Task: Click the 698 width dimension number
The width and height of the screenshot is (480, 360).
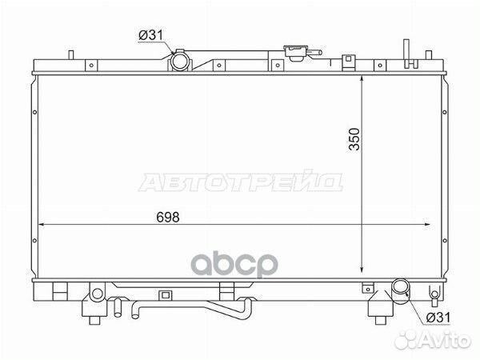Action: click(167, 217)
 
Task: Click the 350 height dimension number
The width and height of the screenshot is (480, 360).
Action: click(354, 139)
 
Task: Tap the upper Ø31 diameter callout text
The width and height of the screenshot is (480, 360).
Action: click(150, 35)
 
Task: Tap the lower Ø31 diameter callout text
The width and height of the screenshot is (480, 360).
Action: click(438, 318)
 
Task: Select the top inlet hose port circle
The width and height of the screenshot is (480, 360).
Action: click(180, 62)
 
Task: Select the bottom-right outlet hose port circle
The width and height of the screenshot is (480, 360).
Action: click(401, 288)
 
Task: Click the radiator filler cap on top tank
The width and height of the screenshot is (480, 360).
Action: click(296, 53)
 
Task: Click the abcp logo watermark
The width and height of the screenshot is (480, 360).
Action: click(234, 265)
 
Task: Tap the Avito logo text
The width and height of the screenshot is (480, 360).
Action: click(433, 340)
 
